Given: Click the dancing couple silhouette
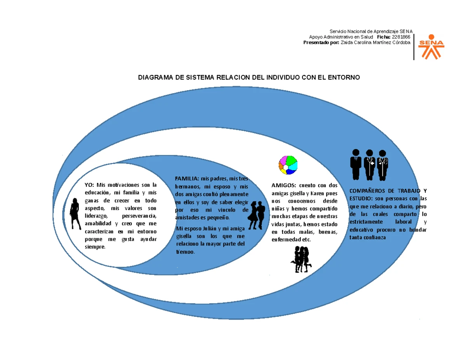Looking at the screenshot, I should click(x=256, y=215).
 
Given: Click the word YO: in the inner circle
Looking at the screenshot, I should click(x=90, y=184).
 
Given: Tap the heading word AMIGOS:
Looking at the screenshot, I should click(x=284, y=186).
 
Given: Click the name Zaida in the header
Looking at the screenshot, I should click(x=348, y=42).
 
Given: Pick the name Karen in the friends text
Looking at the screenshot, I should click(x=319, y=193).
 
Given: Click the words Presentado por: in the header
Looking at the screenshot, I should click(x=321, y=42).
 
